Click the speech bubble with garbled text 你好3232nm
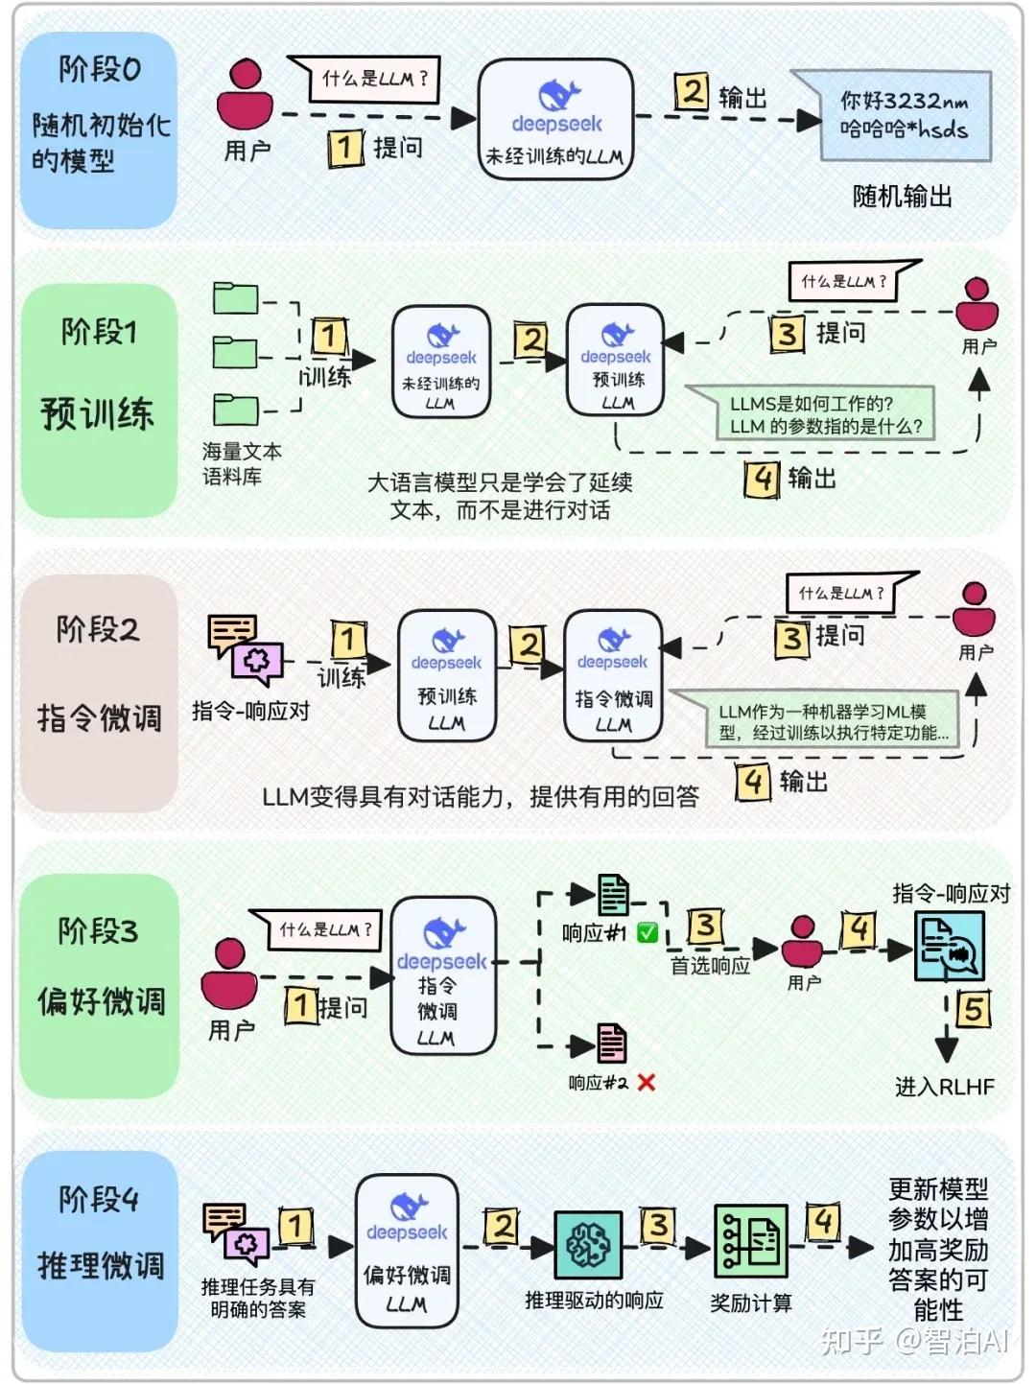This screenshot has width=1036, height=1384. click(903, 115)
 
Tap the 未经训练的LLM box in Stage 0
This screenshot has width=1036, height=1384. click(555, 119)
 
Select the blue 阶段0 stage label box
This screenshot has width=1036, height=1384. click(99, 129)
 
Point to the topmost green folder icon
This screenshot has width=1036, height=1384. click(235, 298)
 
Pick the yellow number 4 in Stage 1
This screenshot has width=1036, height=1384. click(762, 478)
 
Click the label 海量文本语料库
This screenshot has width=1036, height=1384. click(241, 463)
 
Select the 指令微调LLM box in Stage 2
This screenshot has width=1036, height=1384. click(613, 676)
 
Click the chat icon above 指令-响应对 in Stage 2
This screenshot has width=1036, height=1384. click(245, 649)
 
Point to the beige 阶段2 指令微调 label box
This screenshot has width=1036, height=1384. click(99, 692)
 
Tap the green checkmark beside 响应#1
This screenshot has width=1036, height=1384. click(647, 932)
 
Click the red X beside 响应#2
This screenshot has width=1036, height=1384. click(647, 1083)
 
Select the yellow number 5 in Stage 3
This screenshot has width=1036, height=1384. click(973, 1008)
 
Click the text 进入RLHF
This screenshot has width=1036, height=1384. click(944, 1087)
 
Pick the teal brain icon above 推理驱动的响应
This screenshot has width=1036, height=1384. click(588, 1244)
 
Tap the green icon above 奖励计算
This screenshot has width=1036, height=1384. click(750, 1242)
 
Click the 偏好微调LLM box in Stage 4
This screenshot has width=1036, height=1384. click(407, 1251)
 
